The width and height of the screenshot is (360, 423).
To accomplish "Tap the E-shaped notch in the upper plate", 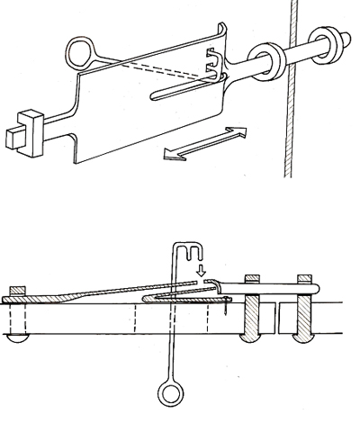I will coord(214,64).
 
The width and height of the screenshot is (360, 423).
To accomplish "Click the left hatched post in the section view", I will coord(252,319).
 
